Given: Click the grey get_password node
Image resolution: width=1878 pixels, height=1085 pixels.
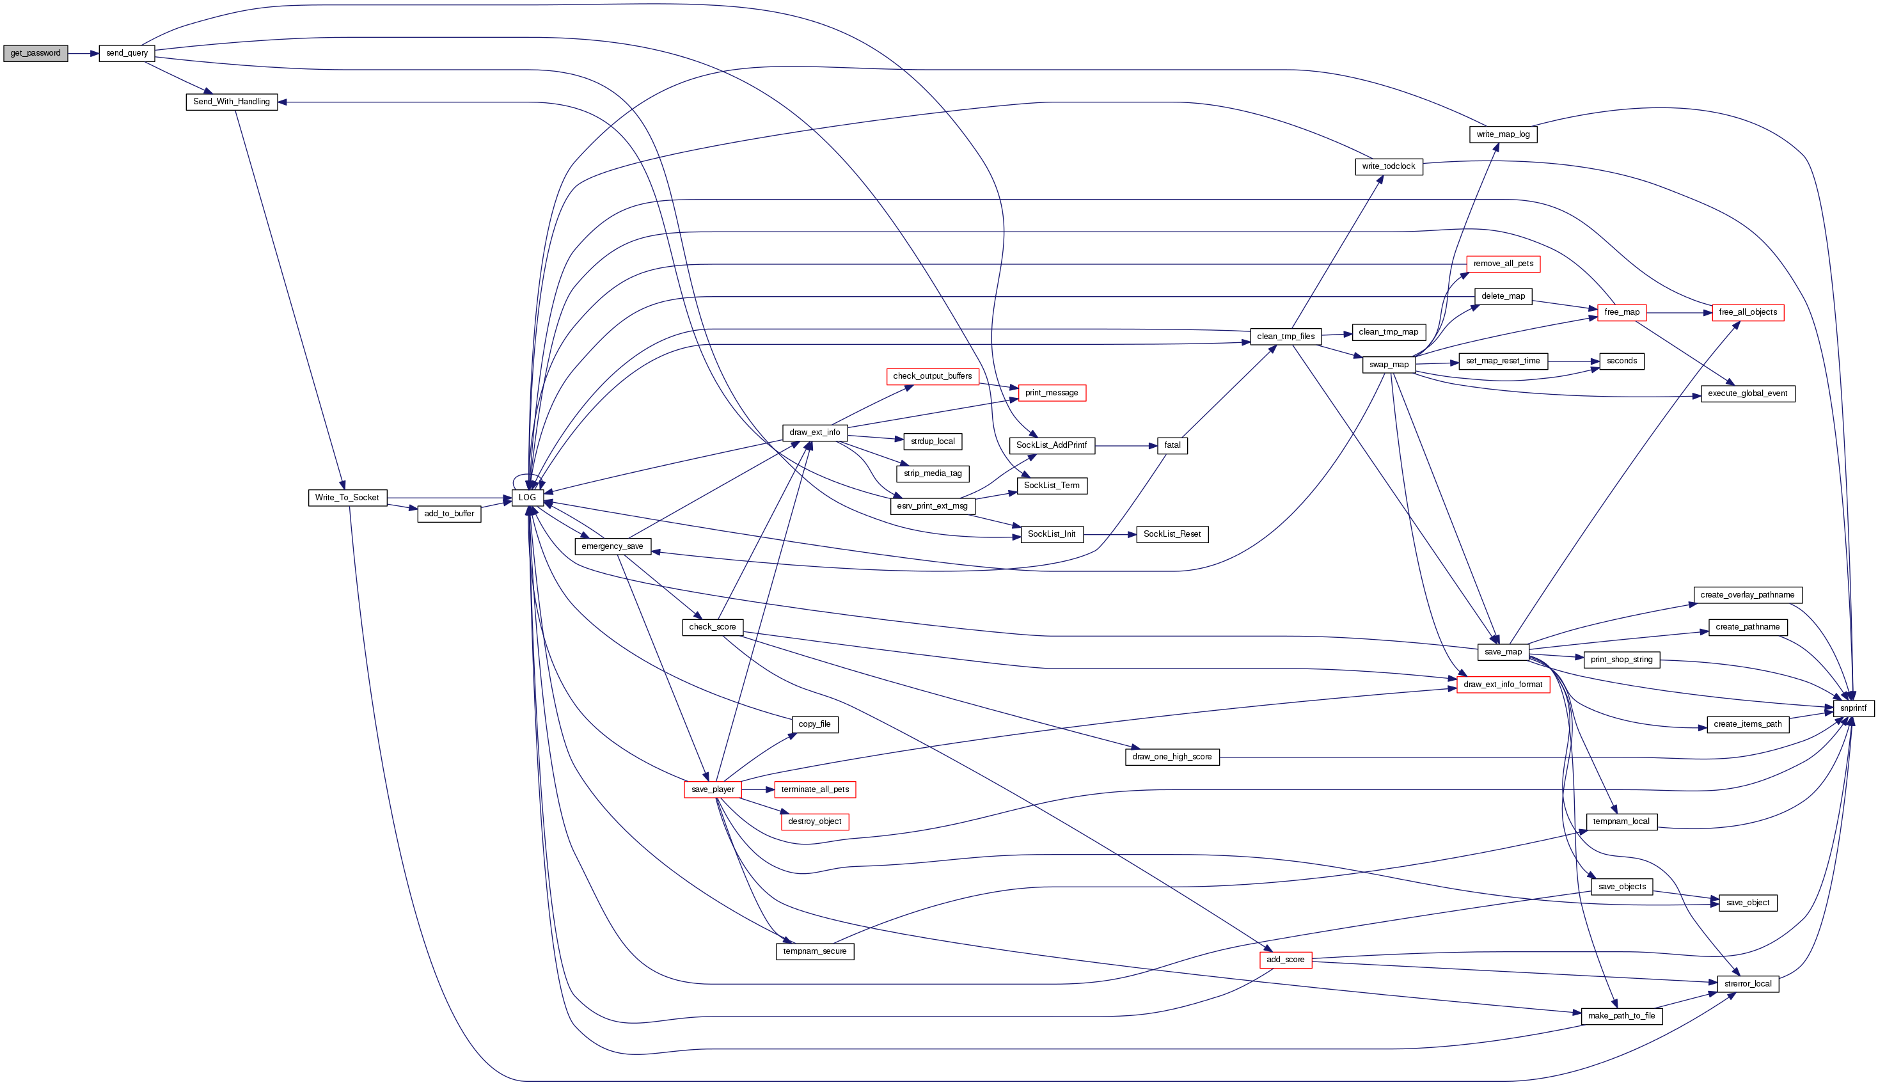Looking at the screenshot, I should [35, 54].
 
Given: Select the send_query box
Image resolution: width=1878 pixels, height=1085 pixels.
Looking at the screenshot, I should [127, 54].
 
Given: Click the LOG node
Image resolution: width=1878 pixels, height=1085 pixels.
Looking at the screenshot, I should [526, 498].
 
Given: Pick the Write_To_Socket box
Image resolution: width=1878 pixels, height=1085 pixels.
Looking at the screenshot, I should [347, 498].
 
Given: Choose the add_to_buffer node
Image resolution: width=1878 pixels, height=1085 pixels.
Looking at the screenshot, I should [448, 514].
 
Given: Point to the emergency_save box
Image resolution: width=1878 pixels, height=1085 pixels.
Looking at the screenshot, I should [612, 547].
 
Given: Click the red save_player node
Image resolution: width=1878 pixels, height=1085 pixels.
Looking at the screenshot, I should [712, 790].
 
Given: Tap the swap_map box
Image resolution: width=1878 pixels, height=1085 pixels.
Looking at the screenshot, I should [1389, 365].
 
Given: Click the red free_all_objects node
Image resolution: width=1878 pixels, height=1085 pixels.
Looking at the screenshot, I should [1747, 313].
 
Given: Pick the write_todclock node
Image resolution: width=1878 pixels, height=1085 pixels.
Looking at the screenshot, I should [1388, 167].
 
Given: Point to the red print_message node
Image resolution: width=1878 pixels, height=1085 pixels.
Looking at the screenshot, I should [1051, 393].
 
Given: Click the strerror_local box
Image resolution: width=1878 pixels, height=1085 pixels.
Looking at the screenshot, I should [1747, 985].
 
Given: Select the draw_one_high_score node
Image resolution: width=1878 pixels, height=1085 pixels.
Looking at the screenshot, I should [1171, 757].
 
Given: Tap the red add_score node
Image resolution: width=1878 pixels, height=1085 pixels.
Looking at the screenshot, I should [1285, 960].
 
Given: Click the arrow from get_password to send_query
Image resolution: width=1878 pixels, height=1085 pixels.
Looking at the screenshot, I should [83, 54].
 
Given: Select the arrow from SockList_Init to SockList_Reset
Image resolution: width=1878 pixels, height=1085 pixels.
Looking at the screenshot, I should [1110, 535].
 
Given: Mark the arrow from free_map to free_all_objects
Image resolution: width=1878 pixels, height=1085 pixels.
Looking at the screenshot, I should [1679, 313].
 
